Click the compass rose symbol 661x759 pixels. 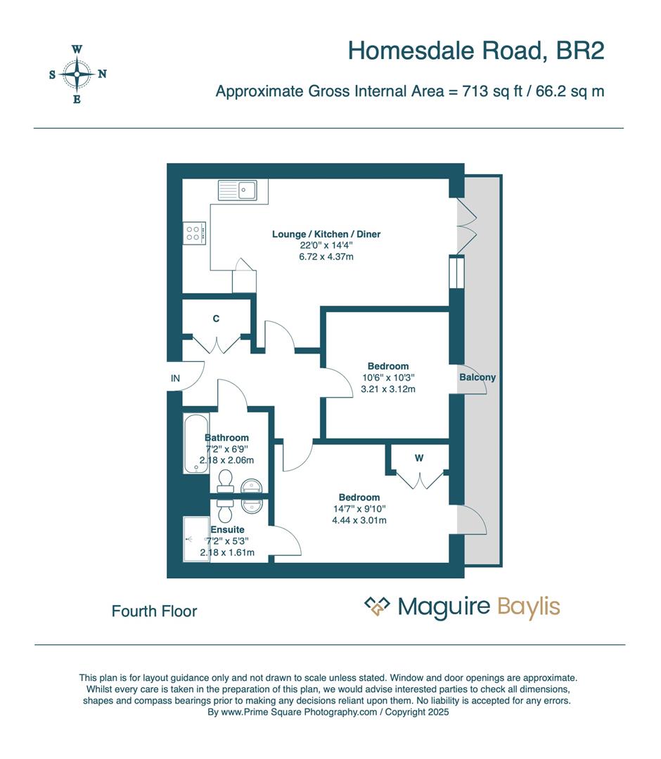tap(77, 74)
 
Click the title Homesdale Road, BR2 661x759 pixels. tap(476, 51)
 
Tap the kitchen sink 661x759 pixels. tap(238, 190)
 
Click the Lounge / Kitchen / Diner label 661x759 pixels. tap(326, 234)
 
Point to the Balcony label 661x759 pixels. tap(477, 377)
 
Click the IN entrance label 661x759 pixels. tap(175, 378)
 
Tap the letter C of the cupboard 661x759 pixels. tap(217, 318)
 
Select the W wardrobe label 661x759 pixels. tap(419, 458)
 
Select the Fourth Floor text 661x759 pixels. tap(154, 611)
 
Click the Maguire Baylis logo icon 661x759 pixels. tap(377, 606)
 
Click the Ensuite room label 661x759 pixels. tap(227, 529)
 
